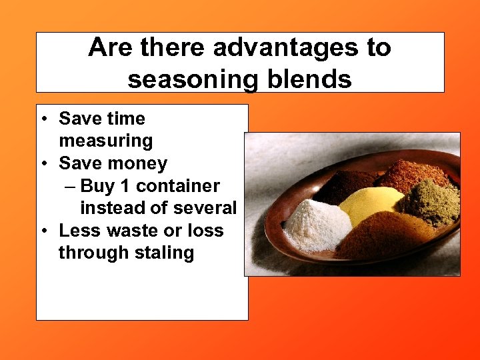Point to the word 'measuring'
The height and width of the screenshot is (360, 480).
click(105, 141)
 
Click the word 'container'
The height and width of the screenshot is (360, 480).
click(178, 186)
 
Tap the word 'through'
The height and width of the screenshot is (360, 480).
click(91, 253)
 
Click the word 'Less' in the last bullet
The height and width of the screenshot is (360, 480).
click(75, 231)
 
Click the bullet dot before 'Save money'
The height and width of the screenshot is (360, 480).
click(43, 163)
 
